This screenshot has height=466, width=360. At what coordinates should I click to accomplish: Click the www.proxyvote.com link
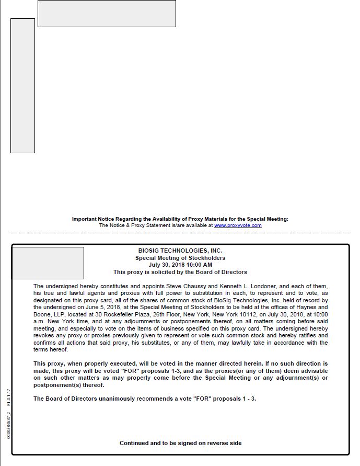click(x=238, y=225)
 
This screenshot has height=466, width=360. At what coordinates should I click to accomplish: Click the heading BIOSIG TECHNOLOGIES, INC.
click(x=180, y=251)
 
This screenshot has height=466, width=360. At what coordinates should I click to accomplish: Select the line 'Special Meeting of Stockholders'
click(x=180, y=258)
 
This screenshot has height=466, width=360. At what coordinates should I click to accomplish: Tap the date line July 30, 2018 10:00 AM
click(x=180, y=265)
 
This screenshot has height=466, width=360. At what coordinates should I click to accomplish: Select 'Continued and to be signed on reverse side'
click(x=180, y=443)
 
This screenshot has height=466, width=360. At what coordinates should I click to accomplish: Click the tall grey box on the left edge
click(x=22, y=86)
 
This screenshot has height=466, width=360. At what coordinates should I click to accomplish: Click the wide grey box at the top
click(x=107, y=14)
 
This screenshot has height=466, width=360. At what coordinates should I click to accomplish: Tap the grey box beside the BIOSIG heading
click(x=48, y=263)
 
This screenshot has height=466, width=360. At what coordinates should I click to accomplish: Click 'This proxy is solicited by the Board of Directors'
click(x=180, y=272)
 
